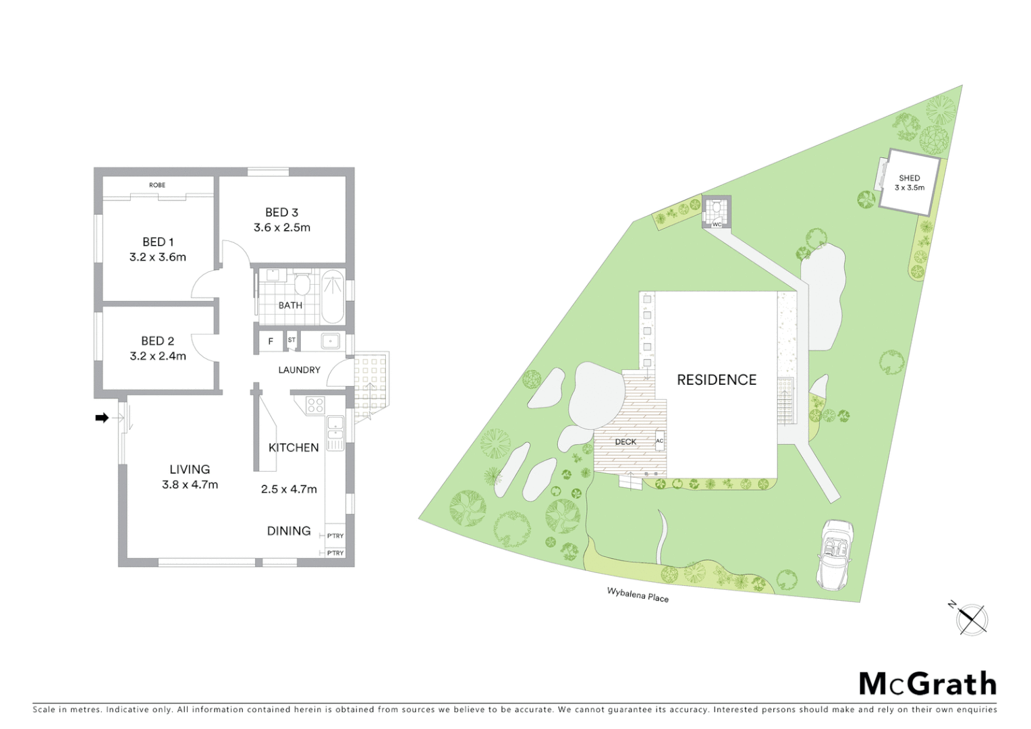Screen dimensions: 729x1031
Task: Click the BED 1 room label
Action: (x=158, y=242)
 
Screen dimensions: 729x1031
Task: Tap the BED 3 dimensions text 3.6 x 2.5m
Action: (x=282, y=227)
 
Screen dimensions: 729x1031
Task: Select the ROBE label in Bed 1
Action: (x=157, y=185)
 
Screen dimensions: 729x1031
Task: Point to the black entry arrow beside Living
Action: (x=102, y=418)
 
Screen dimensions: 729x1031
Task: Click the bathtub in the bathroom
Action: (x=332, y=296)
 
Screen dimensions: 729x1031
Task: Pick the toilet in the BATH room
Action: (x=302, y=284)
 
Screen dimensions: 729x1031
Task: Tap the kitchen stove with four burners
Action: (x=315, y=404)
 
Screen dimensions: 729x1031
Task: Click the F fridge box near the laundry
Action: (x=271, y=342)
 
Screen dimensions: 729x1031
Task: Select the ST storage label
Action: (x=291, y=340)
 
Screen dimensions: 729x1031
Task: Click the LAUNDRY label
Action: (x=299, y=370)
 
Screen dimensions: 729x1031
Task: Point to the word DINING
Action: (x=289, y=531)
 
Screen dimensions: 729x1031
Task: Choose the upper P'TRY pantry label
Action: (x=335, y=536)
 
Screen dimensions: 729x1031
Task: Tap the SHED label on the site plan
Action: (x=909, y=178)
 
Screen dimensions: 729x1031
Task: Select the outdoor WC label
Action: (x=717, y=224)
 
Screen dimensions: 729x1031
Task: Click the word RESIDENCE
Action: (x=717, y=380)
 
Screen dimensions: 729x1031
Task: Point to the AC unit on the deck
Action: (x=659, y=441)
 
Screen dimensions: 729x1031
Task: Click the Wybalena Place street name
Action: (x=638, y=595)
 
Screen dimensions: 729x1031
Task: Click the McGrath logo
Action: (x=928, y=684)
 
